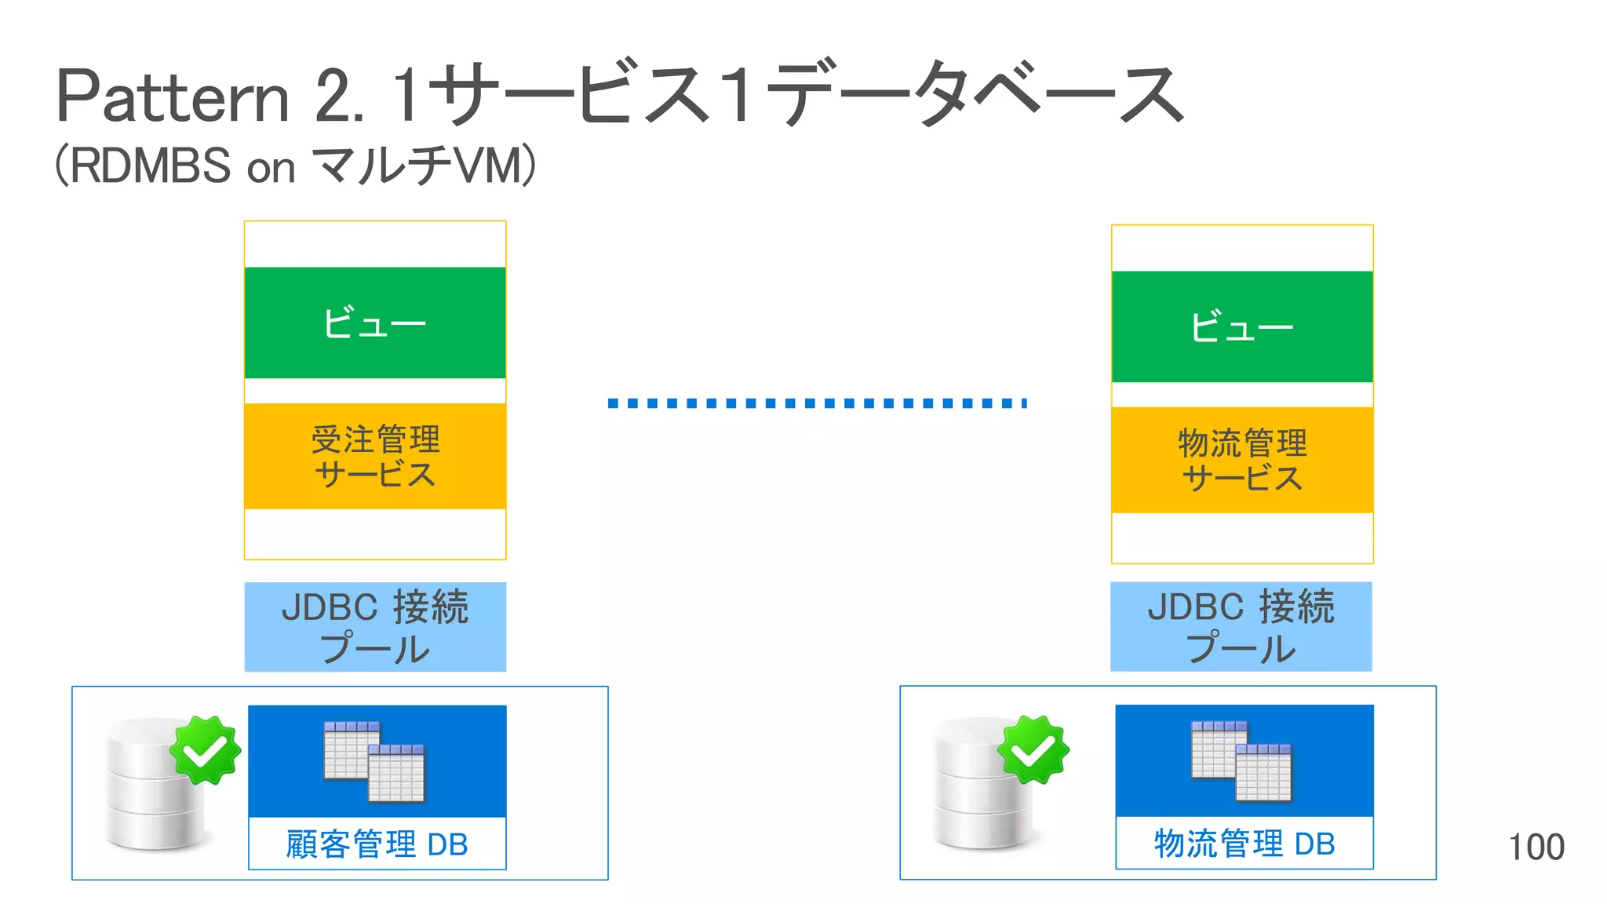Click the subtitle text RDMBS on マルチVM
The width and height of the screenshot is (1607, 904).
[295, 166]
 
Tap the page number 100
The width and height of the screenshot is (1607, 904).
[1536, 847]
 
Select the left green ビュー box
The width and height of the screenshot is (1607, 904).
[375, 323]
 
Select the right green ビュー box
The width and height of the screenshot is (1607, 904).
[1241, 326]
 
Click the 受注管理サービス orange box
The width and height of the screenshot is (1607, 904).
[375, 457]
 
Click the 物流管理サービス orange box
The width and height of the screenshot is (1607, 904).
[1241, 461]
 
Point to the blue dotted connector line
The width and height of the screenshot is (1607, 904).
[816, 403]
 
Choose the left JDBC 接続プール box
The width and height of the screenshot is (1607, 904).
[375, 627]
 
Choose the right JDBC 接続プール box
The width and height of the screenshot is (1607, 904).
[1241, 627]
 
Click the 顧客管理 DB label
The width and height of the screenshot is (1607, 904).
[377, 844]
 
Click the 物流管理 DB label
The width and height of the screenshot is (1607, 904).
[1244, 844]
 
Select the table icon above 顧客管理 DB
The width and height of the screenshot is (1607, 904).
[375, 761]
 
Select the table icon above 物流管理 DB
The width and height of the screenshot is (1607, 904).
[1241, 761]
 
